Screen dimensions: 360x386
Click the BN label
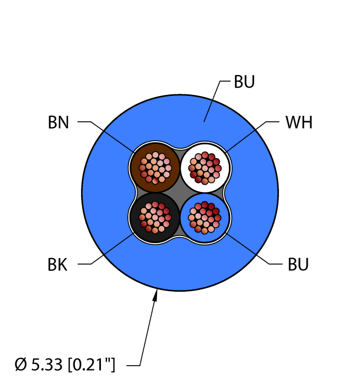(x=58, y=122)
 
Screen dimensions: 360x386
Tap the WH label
(x=299, y=122)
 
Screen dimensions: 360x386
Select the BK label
(x=57, y=265)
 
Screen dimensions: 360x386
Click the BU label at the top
(x=244, y=82)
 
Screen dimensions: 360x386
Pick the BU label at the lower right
(x=298, y=265)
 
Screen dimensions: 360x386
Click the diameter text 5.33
(x=47, y=364)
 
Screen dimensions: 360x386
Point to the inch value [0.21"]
(x=92, y=364)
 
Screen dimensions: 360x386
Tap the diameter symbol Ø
(x=20, y=364)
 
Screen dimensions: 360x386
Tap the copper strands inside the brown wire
(x=155, y=168)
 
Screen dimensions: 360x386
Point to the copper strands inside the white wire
(x=205, y=168)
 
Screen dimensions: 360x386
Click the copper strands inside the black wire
(x=155, y=217)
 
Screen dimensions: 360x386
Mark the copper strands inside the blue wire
(x=205, y=218)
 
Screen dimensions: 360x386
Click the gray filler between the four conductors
(x=180, y=193)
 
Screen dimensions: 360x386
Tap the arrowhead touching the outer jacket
(x=155, y=296)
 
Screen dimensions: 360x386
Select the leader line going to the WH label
(x=252, y=137)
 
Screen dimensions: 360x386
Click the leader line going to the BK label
(x=105, y=249)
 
